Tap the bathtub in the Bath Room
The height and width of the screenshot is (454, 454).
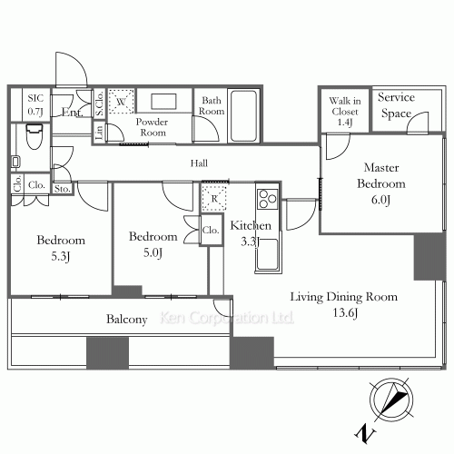(x=243, y=115)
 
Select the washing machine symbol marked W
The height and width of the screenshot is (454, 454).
(x=121, y=101)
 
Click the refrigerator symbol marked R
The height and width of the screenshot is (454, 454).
(x=214, y=198)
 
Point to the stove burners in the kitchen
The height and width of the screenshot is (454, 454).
(x=268, y=199)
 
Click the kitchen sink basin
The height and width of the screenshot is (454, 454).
(x=267, y=254)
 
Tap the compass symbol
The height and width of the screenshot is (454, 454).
(x=391, y=399)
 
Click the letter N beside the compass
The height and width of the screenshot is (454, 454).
(x=365, y=434)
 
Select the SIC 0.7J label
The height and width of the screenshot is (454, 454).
(x=35, y=104)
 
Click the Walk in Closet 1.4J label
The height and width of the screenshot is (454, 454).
(x=345, y=112)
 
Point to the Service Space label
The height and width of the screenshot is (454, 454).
(x=396, y=105)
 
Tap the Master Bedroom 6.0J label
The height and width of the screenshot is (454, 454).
(x=381, y=183)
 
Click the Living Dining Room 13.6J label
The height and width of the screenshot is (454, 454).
(x=344, y=304)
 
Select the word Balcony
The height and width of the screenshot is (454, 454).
(x=127, y=319)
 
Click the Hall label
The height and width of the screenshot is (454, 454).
(x=199, y=163)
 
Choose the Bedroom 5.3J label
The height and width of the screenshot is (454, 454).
(x=61, y=248)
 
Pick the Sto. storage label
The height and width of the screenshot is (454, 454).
(x=63, y=189)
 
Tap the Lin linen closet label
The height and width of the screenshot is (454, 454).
(x=99, y=133)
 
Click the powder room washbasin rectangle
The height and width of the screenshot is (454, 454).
(x=163, y=102)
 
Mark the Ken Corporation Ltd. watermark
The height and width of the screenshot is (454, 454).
(x=227, y=318)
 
